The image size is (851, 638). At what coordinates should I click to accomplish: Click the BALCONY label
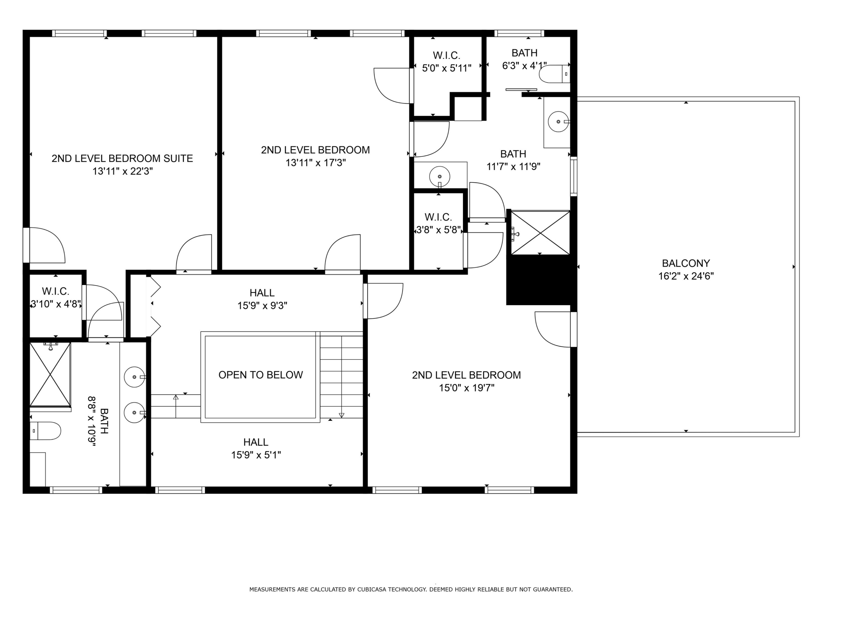point(686,263)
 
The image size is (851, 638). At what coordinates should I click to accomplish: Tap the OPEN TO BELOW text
point(260,375)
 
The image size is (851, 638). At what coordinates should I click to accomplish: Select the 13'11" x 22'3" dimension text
point(122,171)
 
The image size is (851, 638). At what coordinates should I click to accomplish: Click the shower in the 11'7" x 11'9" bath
point(540,233)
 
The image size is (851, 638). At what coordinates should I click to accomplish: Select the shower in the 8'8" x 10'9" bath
point(50,374)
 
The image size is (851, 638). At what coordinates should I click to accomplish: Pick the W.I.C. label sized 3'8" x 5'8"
point(438,217)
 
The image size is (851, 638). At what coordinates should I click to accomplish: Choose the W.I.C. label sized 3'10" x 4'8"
point(55,291)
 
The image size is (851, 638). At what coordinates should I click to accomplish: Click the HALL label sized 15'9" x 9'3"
point(262,293)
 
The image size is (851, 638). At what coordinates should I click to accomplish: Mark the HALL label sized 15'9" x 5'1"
point(256,442)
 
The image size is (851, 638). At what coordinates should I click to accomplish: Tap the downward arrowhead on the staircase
point(341,415)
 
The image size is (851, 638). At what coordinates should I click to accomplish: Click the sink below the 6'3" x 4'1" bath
point(558,121)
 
